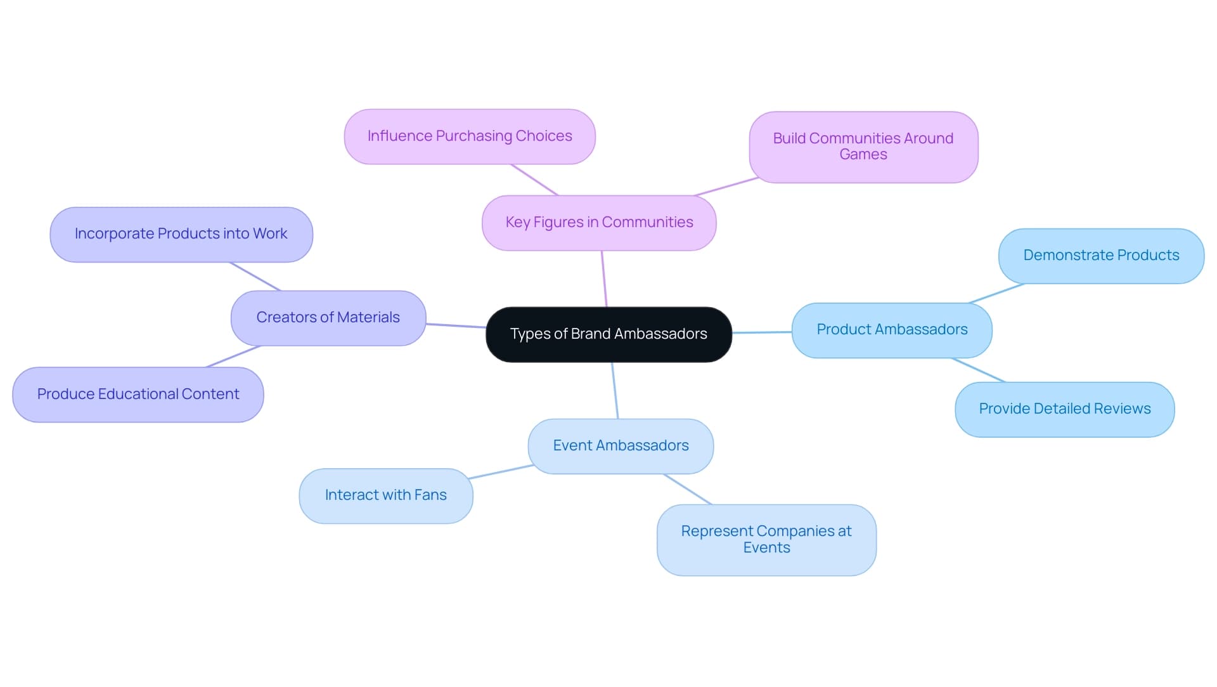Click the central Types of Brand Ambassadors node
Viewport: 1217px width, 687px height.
pyautogui.click(x=608, y=334)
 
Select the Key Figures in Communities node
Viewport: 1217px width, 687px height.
pyautogui.click(x=599, y=223)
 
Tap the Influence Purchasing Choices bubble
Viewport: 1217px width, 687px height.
pyautogui.click(x=470, y=136)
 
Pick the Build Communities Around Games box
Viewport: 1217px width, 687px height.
pyautogui.click(x=863, y=147)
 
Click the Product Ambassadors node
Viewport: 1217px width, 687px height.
pyautogui.click(x=892, y=330)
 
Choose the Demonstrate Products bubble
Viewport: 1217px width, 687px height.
pyautogui.click(x=1101, y=256)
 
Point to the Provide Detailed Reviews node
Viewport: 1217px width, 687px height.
pyautogui.click(x=1064, y=409)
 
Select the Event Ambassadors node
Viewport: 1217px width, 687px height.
pyautogui.click(x=621, y=446)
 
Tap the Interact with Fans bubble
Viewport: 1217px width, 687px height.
pyautogui.click(x=385, y=495)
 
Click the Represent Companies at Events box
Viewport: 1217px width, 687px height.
pyautogui.click(x=766, y=539)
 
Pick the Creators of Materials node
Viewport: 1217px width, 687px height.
pyautogui.click(x=328, y=318)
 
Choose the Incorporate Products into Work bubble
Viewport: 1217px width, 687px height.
pyautogui.click(x=181, y=234)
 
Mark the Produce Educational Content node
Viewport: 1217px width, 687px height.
pyautogui.click(x=138, y=395)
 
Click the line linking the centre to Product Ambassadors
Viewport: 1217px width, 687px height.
pyautogui.click(x=762, y=332)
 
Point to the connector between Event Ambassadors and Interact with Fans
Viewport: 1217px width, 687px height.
pyautogui.click(x=501, y=472)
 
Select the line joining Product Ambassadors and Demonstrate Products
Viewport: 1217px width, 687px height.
pyautogui.click(x=996, y=293)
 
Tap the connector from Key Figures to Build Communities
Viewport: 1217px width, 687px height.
pyautogui.click(x=726, y=186)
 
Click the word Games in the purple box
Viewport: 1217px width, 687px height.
pyautogui.click(x=863, y=155)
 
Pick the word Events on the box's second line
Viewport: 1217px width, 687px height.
pyautogui.click(x=766, y=548)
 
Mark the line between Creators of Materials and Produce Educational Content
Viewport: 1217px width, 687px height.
pyautogui.click(x=233, y=357)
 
